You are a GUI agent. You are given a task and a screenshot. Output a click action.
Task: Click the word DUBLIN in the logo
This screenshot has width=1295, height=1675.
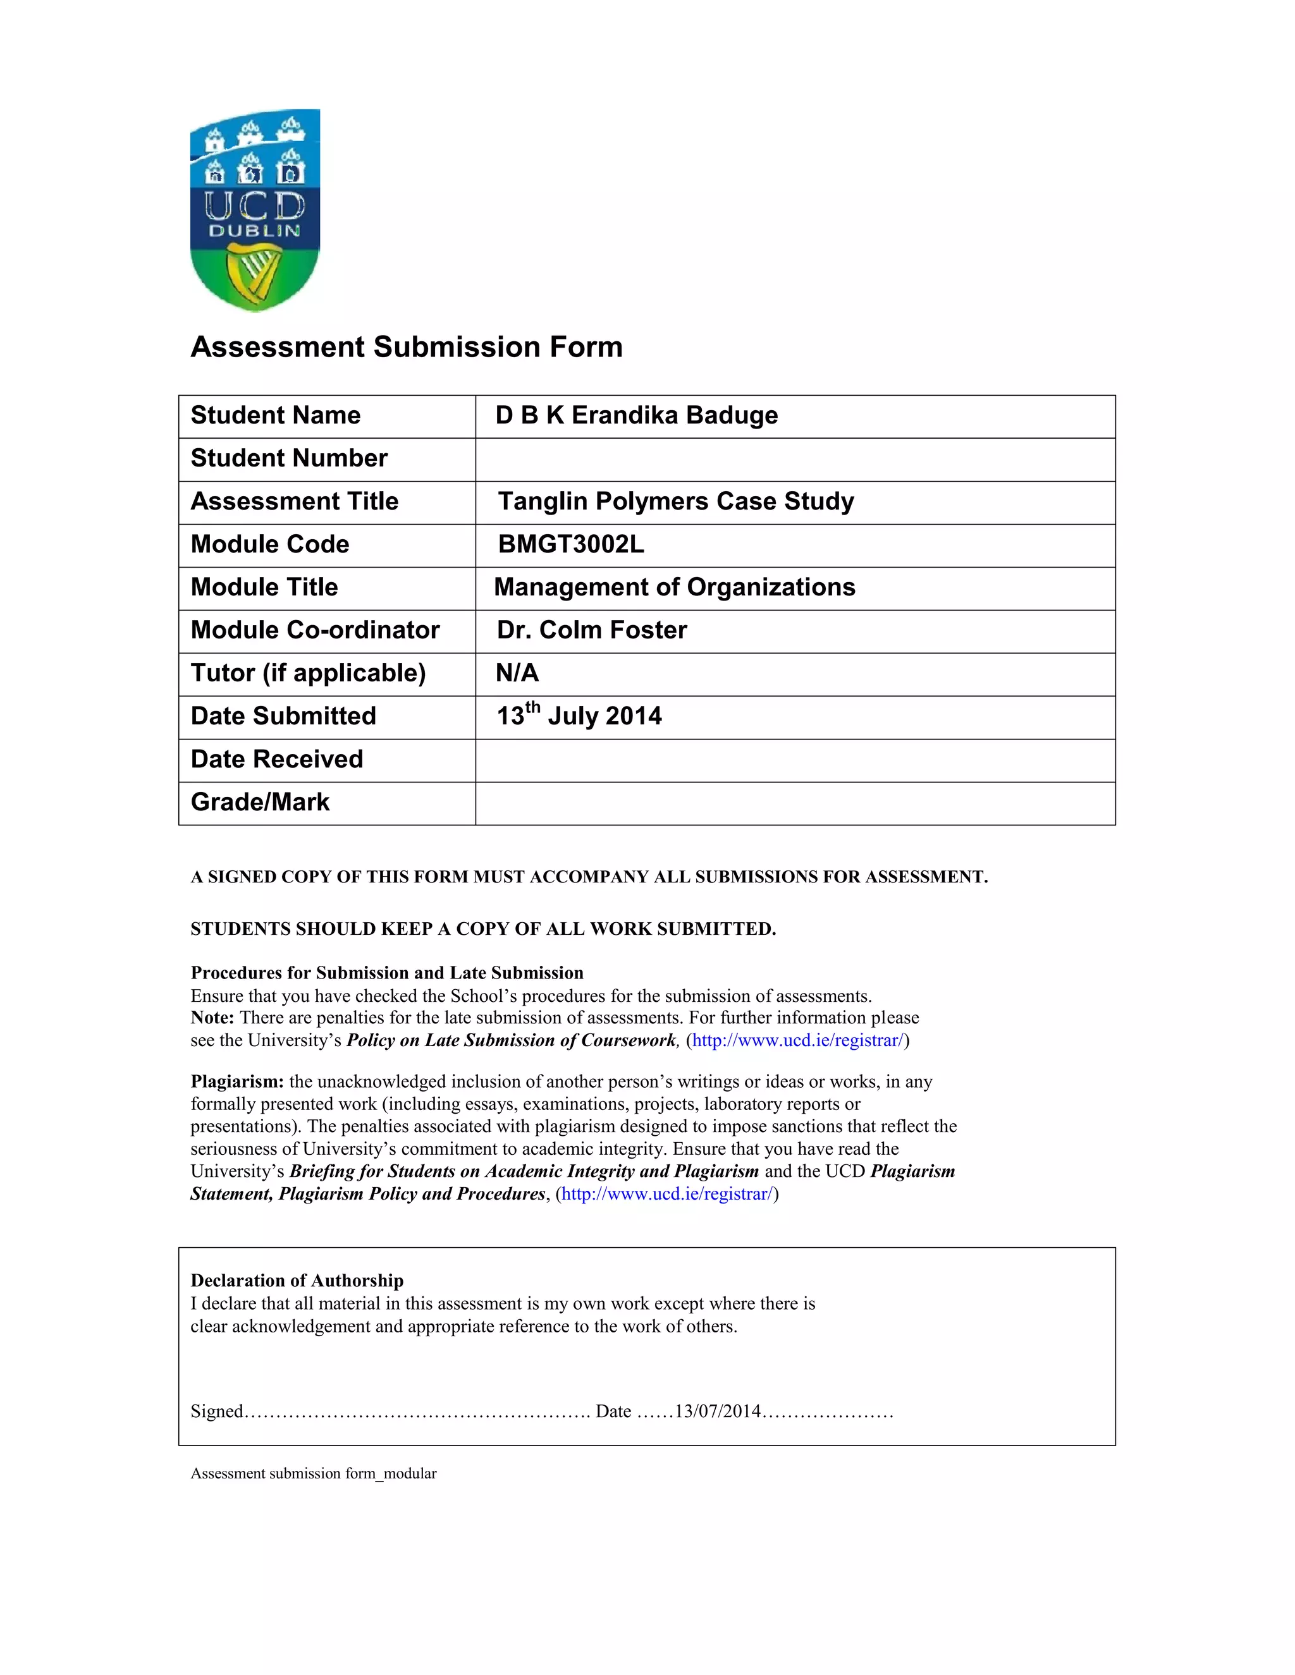[x=255, y=230]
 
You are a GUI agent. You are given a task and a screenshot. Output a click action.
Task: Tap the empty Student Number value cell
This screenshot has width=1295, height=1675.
[x=794, y=460]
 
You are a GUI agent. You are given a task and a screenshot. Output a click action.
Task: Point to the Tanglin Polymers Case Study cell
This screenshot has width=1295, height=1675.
[x=675, y=502]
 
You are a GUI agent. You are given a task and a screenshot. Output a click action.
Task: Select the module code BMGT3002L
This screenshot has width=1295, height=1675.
[x=571, y=544]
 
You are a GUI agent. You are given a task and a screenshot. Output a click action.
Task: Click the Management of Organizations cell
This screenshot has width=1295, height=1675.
[x=674, y=587]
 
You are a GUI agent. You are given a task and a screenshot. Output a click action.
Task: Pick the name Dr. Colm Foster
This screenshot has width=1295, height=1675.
[x=591, y=630]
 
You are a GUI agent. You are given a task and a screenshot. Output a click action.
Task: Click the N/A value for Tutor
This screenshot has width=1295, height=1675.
[x=517, y=673]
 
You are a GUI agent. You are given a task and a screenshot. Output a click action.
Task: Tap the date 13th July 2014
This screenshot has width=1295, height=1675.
[x=579, y=716]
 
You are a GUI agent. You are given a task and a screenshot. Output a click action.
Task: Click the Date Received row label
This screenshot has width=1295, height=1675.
[x=277, y=759]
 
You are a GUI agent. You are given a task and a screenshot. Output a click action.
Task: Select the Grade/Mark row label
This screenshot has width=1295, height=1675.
[x=260, y=802]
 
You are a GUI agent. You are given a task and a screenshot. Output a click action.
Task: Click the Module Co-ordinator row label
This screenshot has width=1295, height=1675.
[x=314, y=630]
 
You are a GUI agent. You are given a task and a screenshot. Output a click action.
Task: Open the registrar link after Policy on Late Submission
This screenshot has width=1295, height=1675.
[x=797, y=1041]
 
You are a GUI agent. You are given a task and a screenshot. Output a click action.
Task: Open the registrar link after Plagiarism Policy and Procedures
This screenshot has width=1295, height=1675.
[x=666, y=1194]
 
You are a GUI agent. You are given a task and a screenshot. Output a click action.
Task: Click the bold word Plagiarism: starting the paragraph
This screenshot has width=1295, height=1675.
[x=237, y=1082]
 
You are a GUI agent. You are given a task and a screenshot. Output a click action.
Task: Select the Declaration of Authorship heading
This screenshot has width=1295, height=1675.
[x=297, y=1281]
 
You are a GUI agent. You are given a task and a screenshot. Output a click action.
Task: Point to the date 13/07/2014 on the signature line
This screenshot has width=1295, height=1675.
[x=717, y=1412]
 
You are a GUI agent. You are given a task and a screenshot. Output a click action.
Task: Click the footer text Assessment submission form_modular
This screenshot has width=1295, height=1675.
[x=313, y=1474]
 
